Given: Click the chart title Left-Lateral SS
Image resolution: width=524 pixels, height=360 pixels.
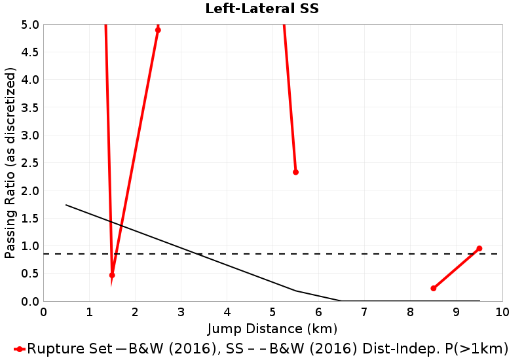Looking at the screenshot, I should [262, 9].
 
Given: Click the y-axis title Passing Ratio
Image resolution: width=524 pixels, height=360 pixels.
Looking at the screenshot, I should [10, 163].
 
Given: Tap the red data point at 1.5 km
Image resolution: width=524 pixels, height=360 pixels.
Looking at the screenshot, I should [112, 276].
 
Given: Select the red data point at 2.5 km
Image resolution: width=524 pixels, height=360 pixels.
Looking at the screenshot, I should [158, 30].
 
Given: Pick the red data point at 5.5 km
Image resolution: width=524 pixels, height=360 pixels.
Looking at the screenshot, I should [295, 172].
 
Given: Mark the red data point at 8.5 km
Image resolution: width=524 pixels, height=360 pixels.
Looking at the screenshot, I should [433, 288].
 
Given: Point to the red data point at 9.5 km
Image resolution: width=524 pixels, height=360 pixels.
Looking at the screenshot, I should [479, 249].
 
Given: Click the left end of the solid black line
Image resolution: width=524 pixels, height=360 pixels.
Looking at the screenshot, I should [66, 205].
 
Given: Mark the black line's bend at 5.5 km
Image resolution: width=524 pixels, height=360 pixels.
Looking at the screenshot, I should [295, 291].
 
